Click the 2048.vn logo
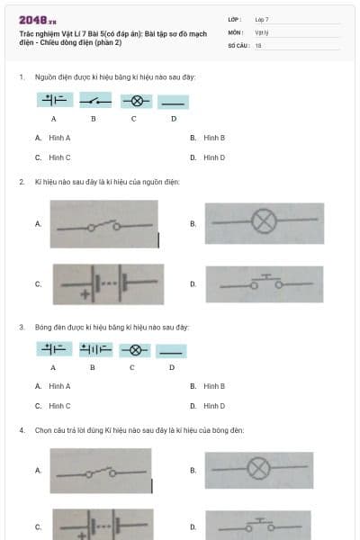(37, 20)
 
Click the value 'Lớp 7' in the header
(262, 19)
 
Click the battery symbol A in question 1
(54, 101)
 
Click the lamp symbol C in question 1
(134, 101)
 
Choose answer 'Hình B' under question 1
(213, 138)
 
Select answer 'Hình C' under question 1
(59, 157)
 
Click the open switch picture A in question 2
(104, 224)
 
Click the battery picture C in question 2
(104, 283)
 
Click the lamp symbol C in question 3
(134, 350)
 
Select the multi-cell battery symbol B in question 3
(94, 350)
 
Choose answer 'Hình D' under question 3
(213, 406)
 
